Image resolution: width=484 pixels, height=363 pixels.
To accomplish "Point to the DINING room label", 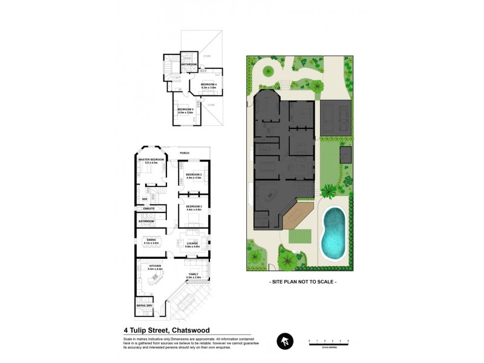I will pos(151,240).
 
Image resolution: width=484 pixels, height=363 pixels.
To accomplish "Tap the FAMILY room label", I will pos(194,274).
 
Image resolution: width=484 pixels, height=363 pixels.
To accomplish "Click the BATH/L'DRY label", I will pos(145,306).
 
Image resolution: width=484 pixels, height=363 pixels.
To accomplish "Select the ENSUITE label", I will pos(149,209).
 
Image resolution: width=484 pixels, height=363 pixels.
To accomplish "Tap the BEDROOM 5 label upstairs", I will pos(185,110).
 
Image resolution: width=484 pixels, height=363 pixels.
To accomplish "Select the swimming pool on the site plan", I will pos(333,233).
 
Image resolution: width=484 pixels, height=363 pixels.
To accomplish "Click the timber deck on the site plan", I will pos(298,217).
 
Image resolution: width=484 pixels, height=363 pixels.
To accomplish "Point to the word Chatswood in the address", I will pos(191,330).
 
